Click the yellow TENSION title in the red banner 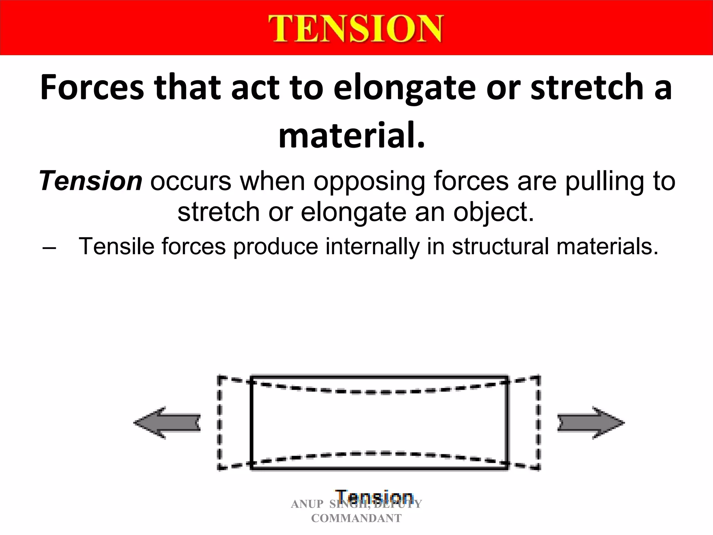(x=355, y=29)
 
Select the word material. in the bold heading (x=352, y=135)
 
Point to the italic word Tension (x=91, y=181)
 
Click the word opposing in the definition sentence (x=369, y=182)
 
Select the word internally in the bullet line (x=372, y=246)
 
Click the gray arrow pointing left (x=167, y=423)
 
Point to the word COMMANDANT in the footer (x=356, y=518)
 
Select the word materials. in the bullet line (x=607, y=246)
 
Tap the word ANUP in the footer (x=307, y=504)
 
